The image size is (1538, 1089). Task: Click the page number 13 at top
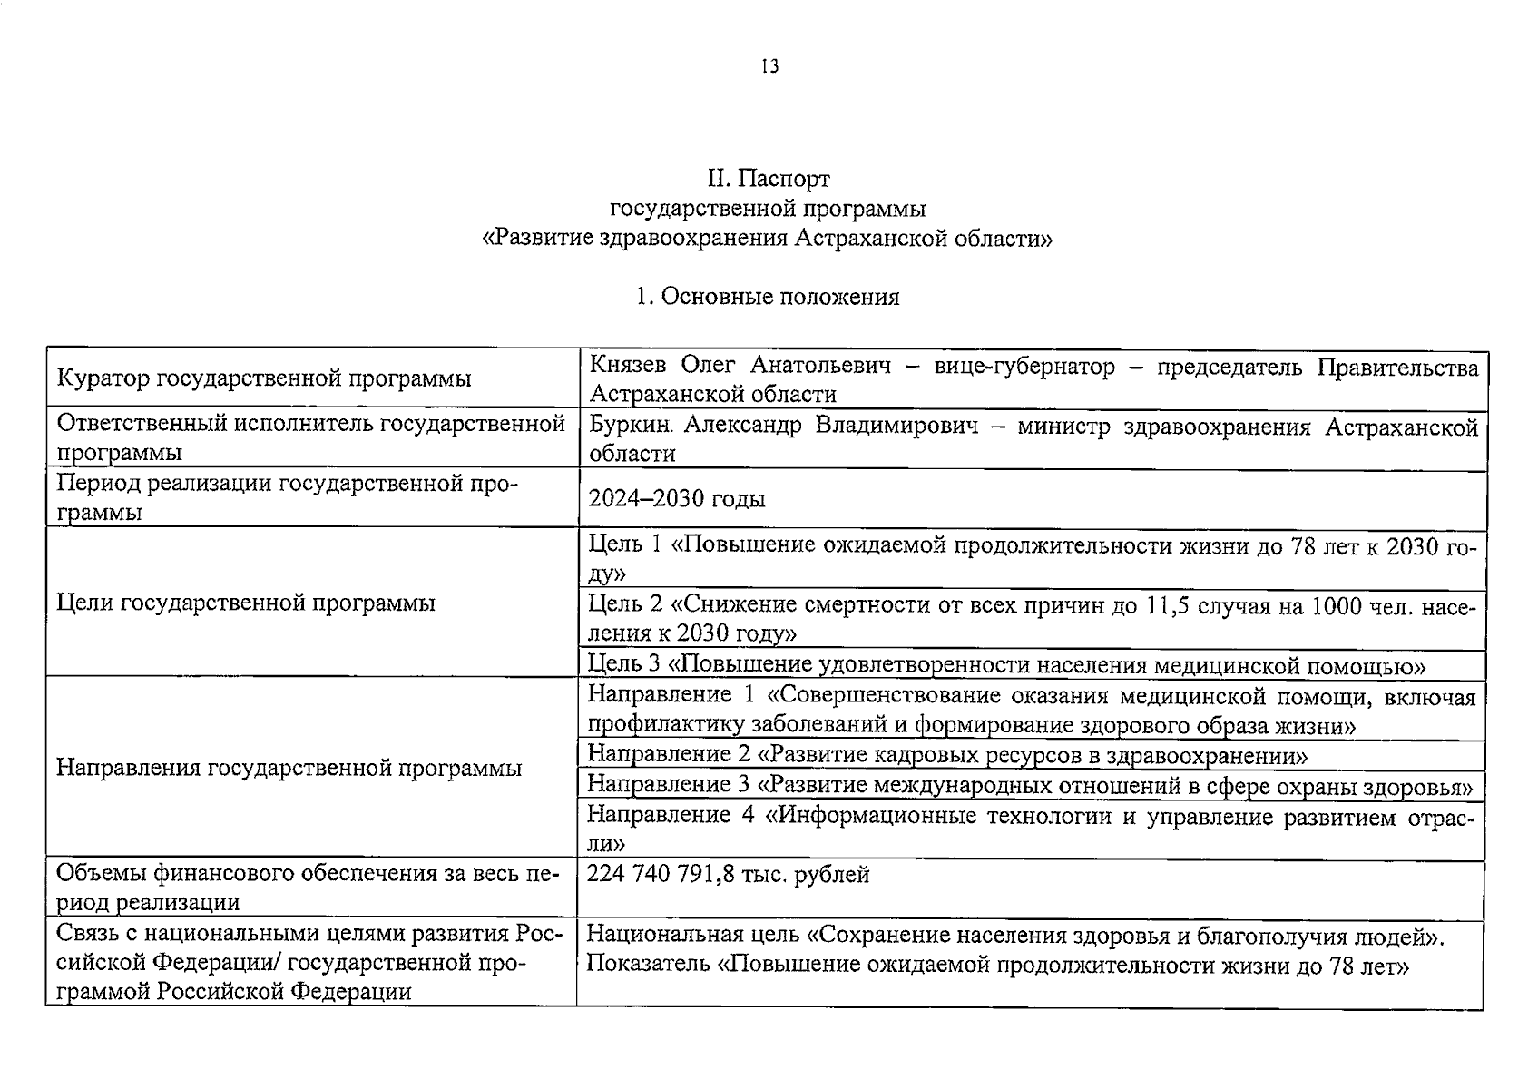click(x=769, y=67)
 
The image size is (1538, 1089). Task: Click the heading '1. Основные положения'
click(x=768, y=297)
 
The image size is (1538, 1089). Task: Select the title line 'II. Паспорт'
click(x=769, y=179)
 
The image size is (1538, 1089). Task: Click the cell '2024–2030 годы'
click(x=676, y=499)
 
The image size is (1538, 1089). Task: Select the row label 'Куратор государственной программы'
click(x=264, y=379)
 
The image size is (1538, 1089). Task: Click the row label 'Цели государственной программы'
click(x=246, y=603)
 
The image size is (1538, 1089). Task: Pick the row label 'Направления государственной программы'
click(x=289, y=769)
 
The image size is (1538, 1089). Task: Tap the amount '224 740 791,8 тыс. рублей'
click(x=728, y=875)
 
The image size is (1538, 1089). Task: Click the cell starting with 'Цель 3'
click(x=1006, y=665)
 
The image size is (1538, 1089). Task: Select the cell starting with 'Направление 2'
click(x=947, y=754)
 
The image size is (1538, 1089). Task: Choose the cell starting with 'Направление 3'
click(x=1029, y=785)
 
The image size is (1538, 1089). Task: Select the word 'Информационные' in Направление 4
click(x=865, y=816)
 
